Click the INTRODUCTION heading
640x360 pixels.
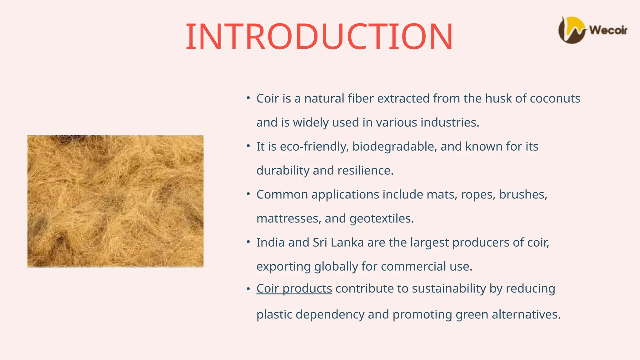point(319,37)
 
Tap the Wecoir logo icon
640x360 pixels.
point(572,30)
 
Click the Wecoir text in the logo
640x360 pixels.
point(608,30)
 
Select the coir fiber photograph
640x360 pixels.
point(115,201)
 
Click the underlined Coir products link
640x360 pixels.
point(294,289)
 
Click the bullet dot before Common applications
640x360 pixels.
point(248,194)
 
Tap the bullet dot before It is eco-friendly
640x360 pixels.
point(248,146)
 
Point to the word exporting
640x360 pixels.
point(283,267)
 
